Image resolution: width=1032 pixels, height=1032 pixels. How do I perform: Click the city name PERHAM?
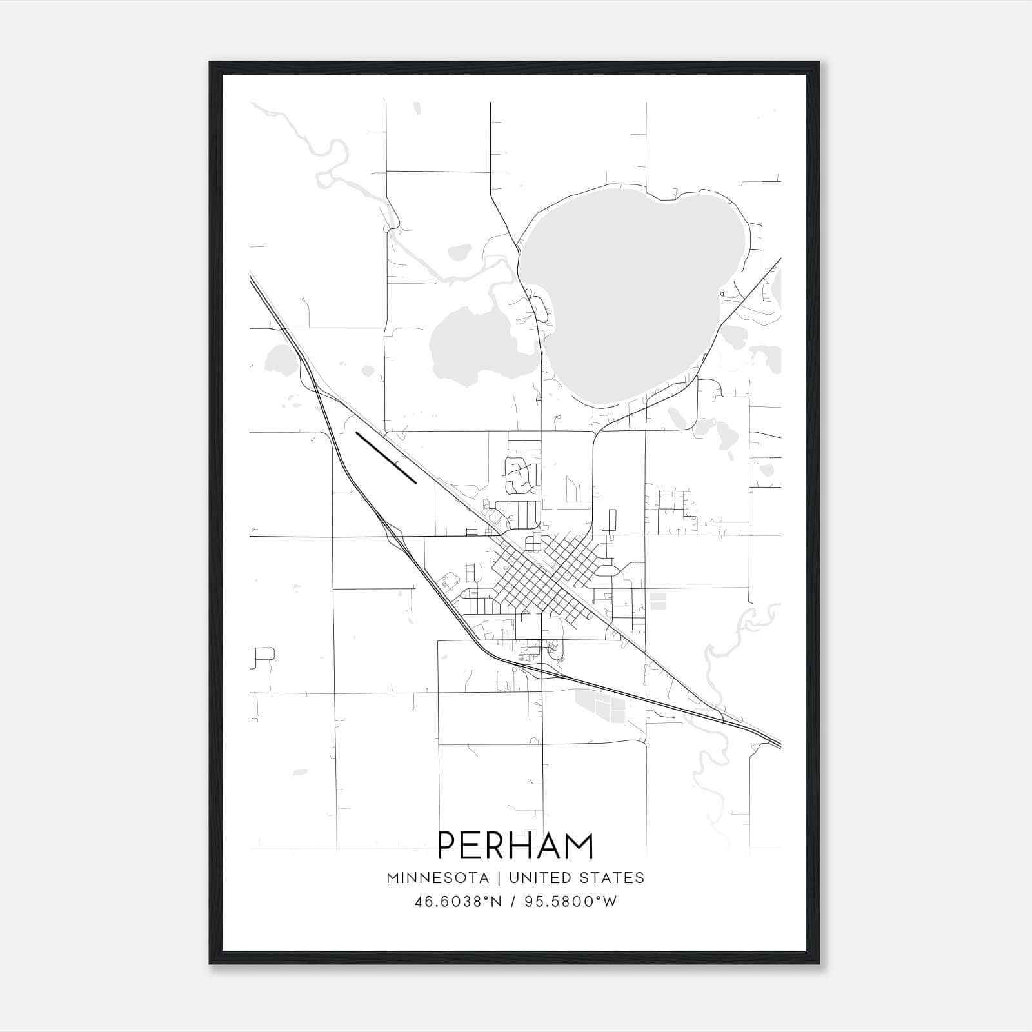(515, 846)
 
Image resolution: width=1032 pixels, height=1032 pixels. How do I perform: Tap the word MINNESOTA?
(432, 878)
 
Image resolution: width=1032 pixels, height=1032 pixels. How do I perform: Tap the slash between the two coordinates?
(513, 902)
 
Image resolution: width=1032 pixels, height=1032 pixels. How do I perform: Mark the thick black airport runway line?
(386, 457)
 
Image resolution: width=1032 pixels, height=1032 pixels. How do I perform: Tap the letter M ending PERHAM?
(579, 846)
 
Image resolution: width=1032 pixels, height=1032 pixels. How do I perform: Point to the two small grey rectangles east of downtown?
(657, 601)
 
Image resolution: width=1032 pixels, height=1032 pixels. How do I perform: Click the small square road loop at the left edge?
(264, 656)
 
